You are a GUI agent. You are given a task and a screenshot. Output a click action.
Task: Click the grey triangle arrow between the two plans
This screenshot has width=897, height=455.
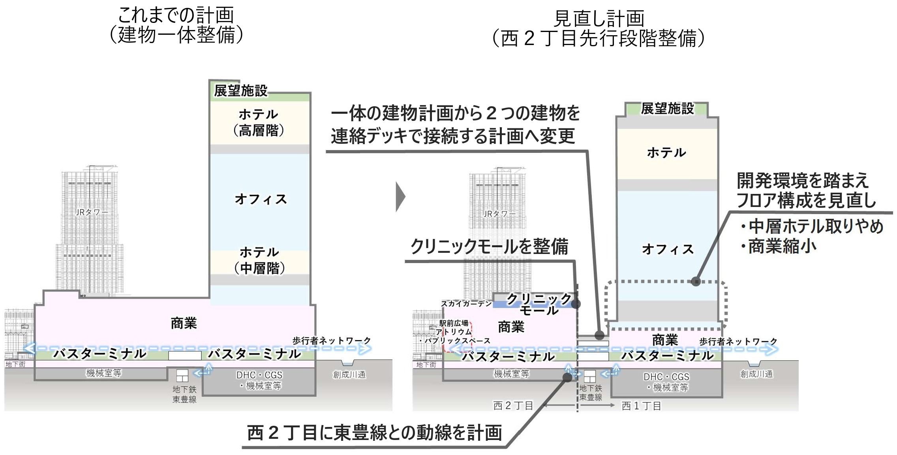tap(400, 197)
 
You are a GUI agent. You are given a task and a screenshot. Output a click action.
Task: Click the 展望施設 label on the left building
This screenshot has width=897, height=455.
tap(241, 90)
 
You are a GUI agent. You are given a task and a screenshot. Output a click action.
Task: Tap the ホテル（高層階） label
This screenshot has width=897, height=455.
tap(259, 122)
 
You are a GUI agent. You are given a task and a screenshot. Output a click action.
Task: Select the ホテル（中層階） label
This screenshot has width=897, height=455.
tap(259, 260)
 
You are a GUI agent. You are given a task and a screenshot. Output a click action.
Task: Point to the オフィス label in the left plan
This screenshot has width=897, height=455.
tap(261, 199)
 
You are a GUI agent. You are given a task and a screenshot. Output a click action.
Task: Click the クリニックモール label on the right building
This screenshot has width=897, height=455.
tap(539, 304)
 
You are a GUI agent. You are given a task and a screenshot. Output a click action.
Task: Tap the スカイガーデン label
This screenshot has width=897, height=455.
tap(466, 303)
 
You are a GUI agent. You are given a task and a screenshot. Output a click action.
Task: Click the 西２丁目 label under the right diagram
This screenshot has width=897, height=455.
tap(513, 405)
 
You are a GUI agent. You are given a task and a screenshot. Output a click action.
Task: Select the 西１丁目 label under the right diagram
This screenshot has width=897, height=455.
tap(641, 406)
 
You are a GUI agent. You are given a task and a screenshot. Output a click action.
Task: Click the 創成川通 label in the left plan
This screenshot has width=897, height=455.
tap(349, 374)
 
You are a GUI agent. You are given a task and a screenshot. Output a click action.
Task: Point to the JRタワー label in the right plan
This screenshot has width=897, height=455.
tap(499, 214)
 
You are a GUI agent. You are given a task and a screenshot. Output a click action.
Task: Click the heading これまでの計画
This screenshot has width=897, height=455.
tap(176, 15)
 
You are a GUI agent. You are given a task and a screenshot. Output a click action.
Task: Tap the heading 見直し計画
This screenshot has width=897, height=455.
tap(599, 18)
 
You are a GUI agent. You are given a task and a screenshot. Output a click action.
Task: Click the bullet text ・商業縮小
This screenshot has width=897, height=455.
tap(778, 246)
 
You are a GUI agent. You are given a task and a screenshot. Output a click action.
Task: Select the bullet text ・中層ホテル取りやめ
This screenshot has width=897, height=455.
tap(811, 226)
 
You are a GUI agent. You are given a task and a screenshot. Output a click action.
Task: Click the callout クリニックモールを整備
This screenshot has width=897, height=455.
tap(490, 246)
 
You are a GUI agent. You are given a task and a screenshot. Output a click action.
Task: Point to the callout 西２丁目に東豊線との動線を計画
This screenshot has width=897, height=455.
tap(374, 432)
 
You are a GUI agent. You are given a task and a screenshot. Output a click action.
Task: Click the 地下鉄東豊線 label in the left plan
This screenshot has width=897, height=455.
tap(184, 394)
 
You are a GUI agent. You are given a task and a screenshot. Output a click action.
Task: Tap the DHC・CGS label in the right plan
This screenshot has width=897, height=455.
tap(666, 377)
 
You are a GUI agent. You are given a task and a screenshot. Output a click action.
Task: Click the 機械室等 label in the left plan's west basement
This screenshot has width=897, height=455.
tap(104, 373)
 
